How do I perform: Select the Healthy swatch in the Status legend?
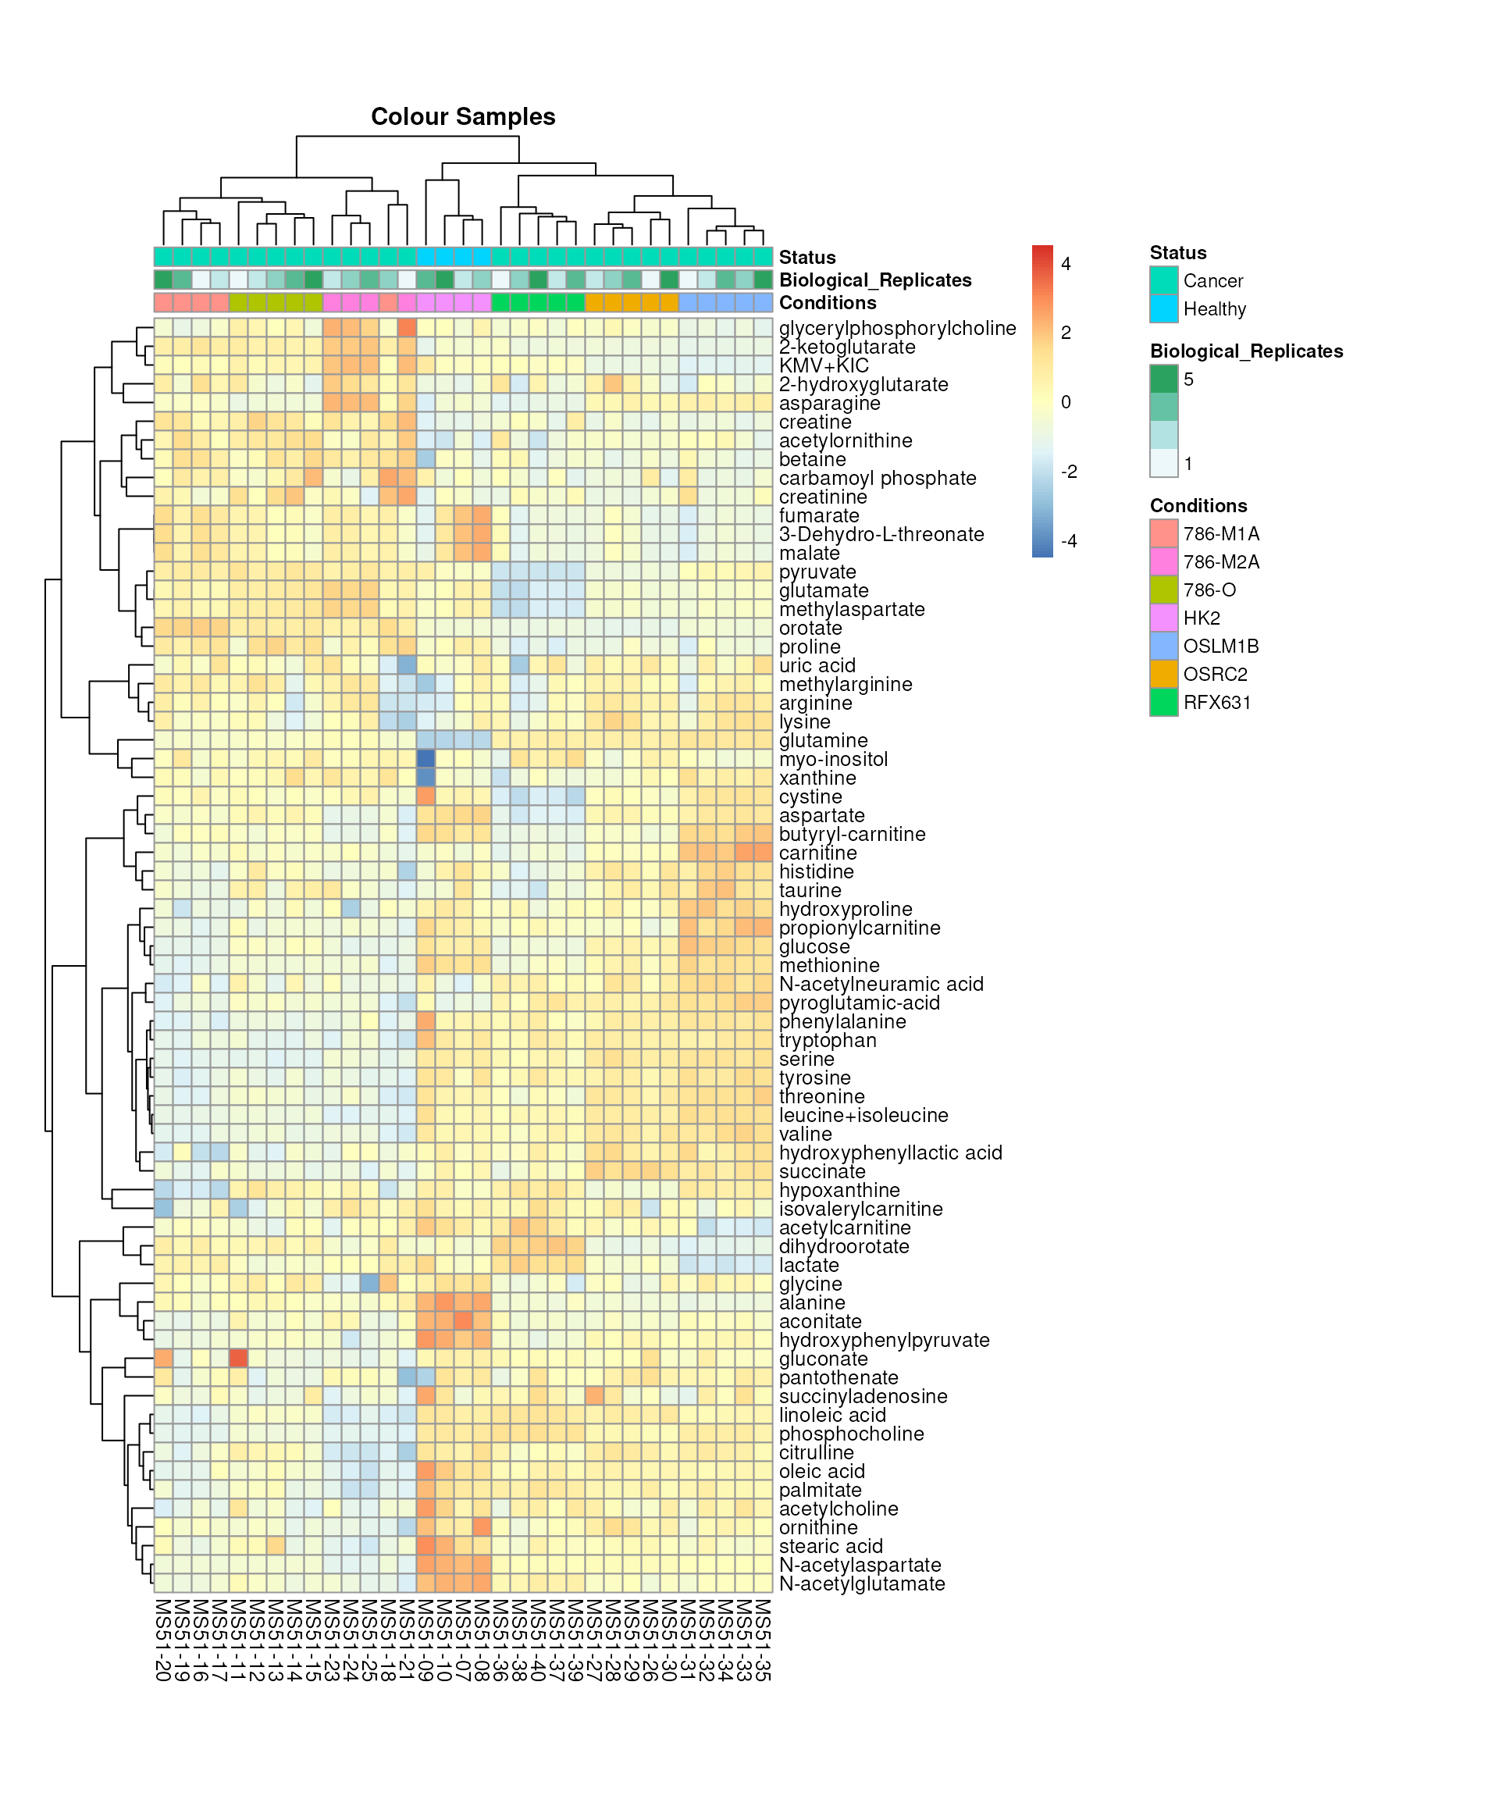[x=1163, y=309]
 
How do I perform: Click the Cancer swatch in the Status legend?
[x=1163, y=281]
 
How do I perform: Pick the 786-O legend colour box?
[x=1163, y=590]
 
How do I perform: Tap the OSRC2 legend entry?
[x=1215, y=674]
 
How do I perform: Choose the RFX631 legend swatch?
[x=1163, y=703]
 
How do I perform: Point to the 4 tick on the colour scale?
[x=1066, y=264]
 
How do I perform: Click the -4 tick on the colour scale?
[x=1068, y=541]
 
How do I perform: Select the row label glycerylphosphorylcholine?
[x=897, y=328]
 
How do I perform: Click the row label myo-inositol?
[x=832, y=760]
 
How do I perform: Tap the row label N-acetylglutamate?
[x=862, y=1584]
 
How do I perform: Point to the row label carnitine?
[x=817, y=853]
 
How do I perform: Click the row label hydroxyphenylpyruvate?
[x=884, y=1341]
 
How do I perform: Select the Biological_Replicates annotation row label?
[x=874, y=280]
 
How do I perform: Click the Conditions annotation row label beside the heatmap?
[x=828, y=302]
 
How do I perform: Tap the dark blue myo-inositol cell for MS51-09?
[x=425, y=759]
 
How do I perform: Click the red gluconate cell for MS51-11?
[x=238, y=1359]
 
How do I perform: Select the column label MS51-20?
[x=162, y=1640]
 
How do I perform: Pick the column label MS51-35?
[x=764, y=1640]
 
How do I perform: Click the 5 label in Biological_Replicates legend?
[x=1188, y=379]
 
